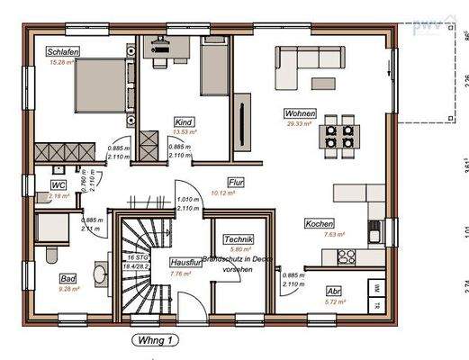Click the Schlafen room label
click(64, 52)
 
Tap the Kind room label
click(185, 121)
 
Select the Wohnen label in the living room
click(299, 114)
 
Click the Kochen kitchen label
click(319, 223)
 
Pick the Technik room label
click(239, 239)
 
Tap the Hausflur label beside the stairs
click(185, 262)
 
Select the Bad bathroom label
click(68, 278)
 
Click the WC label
click(59, 184)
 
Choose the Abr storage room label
click(332, 291)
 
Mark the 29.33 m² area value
click(299, 125)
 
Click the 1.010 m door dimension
click(187, 199)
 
